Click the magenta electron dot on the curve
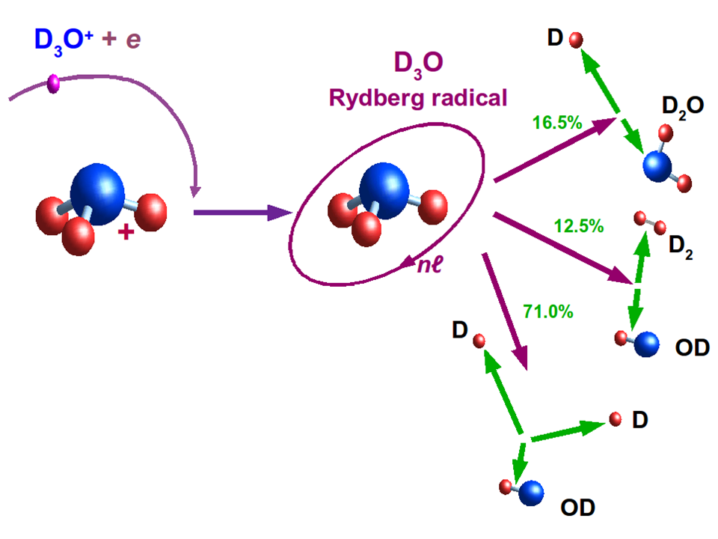point(53,83)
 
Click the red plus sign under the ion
point(126,234)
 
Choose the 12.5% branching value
point(579,225)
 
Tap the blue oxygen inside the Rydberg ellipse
point(386,191)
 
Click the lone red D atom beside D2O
point(576,39)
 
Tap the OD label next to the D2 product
point(691,348)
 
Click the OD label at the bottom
point(577,508)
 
